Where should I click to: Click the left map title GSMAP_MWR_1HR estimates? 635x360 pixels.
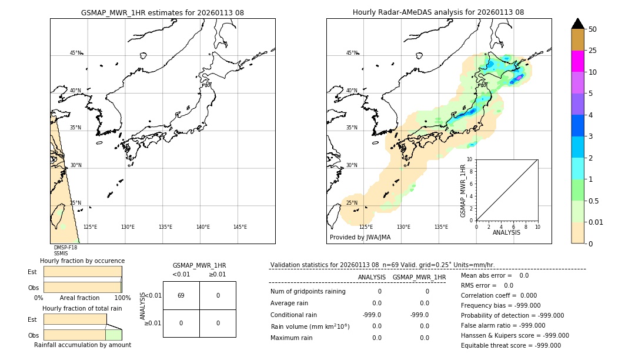[x=162, y=12]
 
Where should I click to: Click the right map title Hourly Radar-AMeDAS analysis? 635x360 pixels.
[x=438, y=12]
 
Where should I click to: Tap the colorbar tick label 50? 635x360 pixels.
[x=593, y=29]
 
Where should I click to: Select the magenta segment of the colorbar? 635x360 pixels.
[x=577, y=61]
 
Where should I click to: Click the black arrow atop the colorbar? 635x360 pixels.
[x=577, y=24]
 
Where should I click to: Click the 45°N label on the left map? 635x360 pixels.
[x=76, y=53]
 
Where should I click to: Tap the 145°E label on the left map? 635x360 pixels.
[x=240, y=227]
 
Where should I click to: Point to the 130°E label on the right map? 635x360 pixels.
[x=403, y=227]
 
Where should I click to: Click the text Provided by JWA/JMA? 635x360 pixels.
[x=360, y=238]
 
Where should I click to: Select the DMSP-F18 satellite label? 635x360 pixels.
[x=65, y=248]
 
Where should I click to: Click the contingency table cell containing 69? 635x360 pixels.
[x=181, y=295]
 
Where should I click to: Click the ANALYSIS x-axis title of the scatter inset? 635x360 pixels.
[x=506, y=232]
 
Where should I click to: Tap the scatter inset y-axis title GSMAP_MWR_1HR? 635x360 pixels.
[x=463, y=191]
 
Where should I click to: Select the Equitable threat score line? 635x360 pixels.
[x=510, y=345]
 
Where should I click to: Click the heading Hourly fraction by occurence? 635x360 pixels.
[x=82, y=261]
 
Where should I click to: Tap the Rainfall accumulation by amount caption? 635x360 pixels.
[x=82, y=345]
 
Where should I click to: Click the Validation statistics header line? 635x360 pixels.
[x=382, y=265]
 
